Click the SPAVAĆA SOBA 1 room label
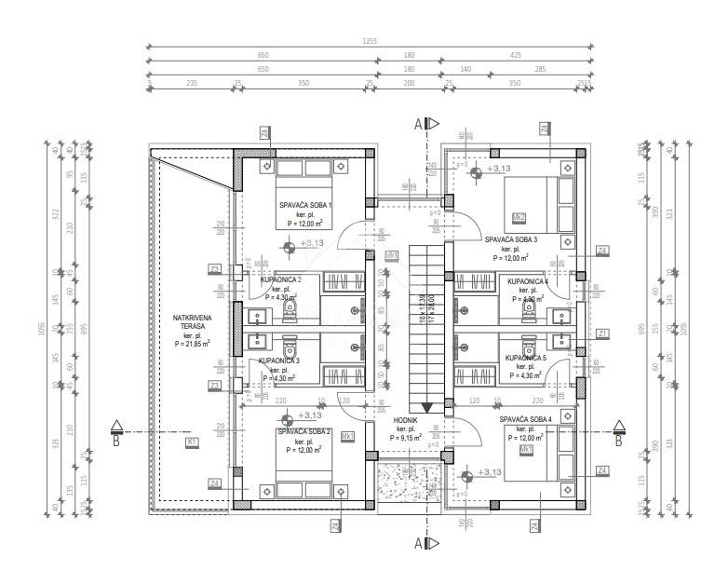(305, 205)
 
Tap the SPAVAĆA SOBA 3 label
(509, 239)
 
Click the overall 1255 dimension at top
(371, 42)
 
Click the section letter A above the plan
(419, 122)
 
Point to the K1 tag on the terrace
(192, 442)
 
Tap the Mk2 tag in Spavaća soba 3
(519, 218)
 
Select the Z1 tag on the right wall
(602, 333)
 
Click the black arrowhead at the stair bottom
(427, 407)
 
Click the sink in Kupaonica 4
(561, 315)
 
